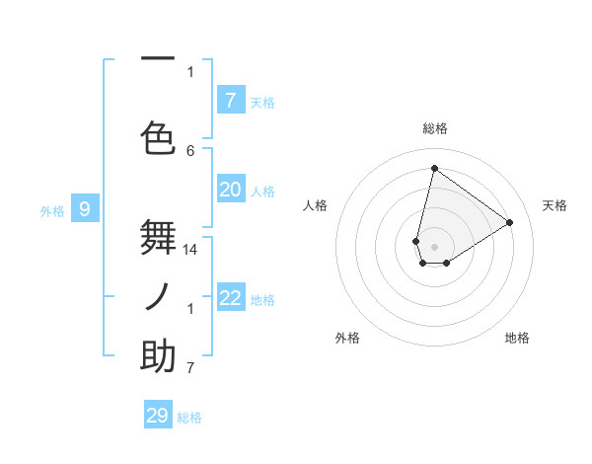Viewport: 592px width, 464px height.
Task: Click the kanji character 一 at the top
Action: pos(158,59)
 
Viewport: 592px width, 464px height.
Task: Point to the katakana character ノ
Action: pos(158,295)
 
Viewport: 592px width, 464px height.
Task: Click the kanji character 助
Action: pos(158,355)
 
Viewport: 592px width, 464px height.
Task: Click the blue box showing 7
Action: pos(230,100)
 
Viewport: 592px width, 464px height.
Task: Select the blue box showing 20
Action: pos(230,190)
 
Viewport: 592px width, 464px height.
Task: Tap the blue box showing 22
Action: pos(230,298)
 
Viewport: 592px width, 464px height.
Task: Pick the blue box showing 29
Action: pos(158,415)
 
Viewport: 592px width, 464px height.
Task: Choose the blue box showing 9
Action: pos(85,208)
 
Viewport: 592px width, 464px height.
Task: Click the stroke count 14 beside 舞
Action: pos(191,250)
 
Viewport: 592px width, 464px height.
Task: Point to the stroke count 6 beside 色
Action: pos(190,150)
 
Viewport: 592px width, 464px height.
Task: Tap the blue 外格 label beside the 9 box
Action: pos(52,210)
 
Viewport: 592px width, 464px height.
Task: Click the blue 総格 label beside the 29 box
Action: pos(189,418)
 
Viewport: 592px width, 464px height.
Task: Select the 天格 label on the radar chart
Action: pos(555,205)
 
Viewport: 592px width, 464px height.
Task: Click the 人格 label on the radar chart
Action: pos(315,205)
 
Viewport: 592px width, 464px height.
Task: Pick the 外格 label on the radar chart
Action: pos(347,338)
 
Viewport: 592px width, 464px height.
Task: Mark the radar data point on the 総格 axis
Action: pos(434,168)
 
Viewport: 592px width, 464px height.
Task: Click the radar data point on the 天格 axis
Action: pos(510,222)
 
